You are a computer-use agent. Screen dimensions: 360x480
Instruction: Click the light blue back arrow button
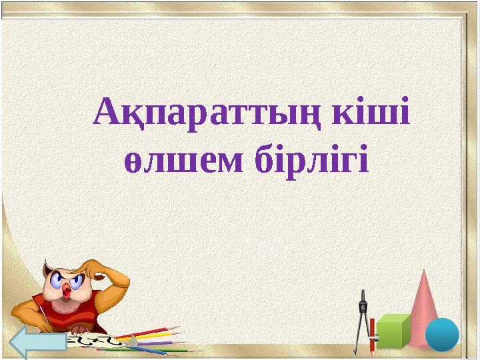click(39, 342)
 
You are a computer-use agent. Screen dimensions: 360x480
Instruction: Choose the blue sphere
click(442, 334)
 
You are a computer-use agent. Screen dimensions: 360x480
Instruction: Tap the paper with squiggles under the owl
click(100, 341)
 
